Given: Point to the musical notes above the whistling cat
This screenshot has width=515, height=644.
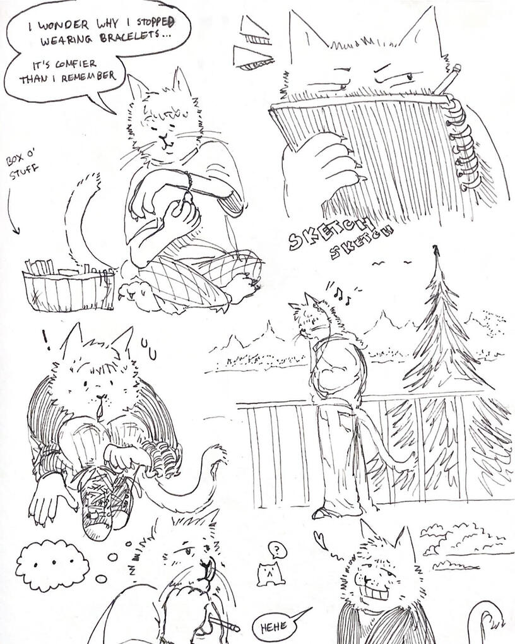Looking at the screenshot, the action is (x=341, y=292).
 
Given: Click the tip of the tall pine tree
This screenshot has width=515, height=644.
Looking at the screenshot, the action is (x=436, y=247).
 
